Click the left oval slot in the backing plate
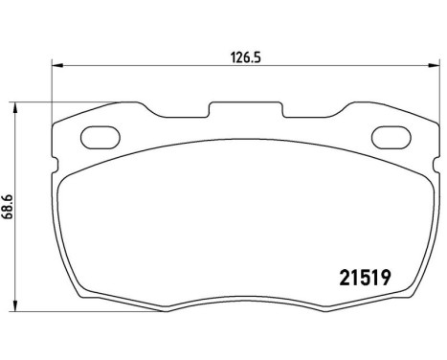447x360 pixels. pyautogui.click(x=98, y=138)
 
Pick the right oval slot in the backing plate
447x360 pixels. pyautogui.click(x=389, y=138)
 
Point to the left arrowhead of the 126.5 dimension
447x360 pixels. pyautogui.click(x=56, y=66)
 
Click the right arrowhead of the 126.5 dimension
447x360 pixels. pyautogui.click(x=431, y=66)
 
